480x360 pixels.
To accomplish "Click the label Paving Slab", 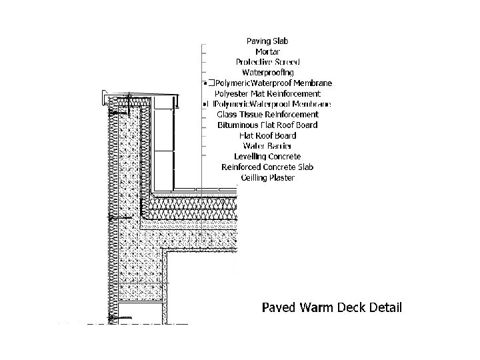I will point(267,41).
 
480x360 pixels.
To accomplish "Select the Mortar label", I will point(267,51).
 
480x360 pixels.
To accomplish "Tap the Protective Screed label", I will point(267,61).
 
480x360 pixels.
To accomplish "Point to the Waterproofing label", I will point(268,72).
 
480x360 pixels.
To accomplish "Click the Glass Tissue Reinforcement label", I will point(267,115).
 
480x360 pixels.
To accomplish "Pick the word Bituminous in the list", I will point(237,125).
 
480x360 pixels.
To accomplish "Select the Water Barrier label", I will point(267,146).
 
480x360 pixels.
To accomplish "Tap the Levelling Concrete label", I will point(267,157).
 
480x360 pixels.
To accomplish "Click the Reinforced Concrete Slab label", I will point(267,167).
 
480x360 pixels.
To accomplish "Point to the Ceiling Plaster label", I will point(267,177).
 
